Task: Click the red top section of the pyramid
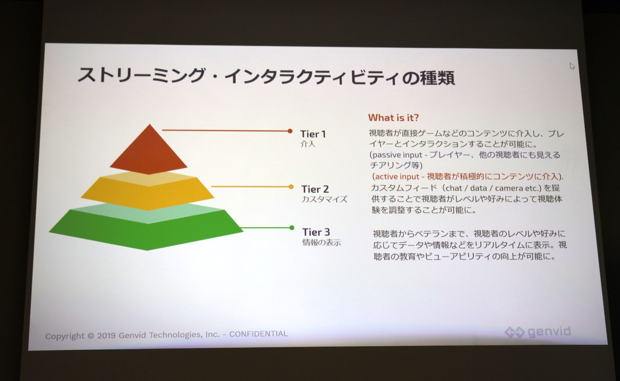click(x=149, y=152)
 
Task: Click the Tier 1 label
click(x=313, y=134)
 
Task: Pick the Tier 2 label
click(x=315, y=189)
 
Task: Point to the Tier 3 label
click(x=316, y=232)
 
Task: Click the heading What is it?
click(x=393, y=118)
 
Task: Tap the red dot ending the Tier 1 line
click(x=290, y=131)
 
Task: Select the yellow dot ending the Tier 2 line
click(x=291, y=186)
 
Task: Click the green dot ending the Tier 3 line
click(x=292, y=228)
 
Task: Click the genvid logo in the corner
click(x=538, y=332)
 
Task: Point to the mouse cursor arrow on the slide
click(x=572, y=66)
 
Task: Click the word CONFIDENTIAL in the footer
click(x=258, y=334)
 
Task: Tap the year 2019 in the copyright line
click(x=106, y=335)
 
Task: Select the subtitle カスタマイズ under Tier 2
click(x=324, y=199)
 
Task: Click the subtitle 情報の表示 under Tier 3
click(x=322, y=242)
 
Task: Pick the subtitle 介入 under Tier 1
click(x=307, y=144)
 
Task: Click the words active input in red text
click(x=397, y=176)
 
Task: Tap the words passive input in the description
click(x=397, y=155)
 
